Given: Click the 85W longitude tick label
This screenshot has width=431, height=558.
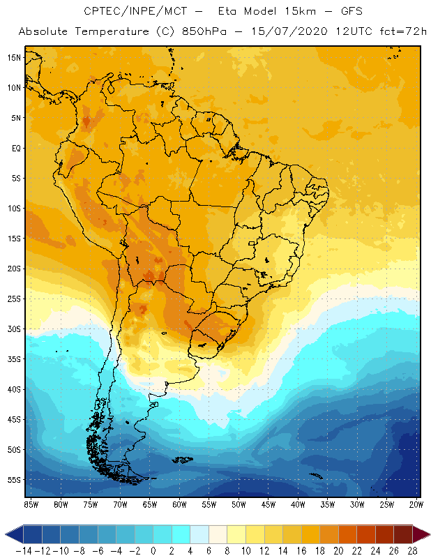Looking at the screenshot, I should tap(31, 504).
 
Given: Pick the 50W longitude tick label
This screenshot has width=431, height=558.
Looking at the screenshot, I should tap(239, 504).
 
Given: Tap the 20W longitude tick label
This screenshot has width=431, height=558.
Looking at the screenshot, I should tap(416, 504).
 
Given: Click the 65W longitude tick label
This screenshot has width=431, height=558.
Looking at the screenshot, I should tap(150, 504).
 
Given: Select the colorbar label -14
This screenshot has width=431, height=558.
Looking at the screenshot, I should tap(23, 550).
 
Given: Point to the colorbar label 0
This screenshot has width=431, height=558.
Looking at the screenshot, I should tap(153, 550).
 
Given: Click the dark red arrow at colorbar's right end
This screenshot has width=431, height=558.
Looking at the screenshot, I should tap(422, 534).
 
